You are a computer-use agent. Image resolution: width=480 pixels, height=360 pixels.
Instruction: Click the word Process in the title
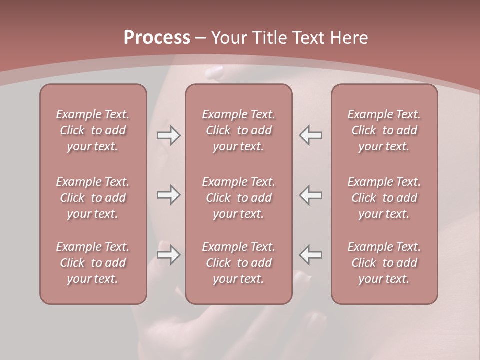point(157,38)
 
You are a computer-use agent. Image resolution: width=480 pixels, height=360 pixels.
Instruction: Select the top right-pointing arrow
point(168,135)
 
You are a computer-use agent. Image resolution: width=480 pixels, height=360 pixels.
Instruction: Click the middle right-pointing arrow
point(168,195)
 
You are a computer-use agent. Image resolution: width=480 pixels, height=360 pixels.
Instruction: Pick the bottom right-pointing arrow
point(168,255)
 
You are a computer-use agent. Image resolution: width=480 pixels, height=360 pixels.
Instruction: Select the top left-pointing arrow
point(310,135)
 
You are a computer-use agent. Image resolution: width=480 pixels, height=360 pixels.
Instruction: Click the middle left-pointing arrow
point(310,195)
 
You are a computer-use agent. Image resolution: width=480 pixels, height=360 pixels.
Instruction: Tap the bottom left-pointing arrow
point(310,255)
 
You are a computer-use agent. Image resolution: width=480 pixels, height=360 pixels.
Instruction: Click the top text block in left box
point(93,130)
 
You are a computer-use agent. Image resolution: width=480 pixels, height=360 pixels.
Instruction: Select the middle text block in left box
point(93,198)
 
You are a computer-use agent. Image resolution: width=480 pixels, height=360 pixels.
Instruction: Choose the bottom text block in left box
point(93,263)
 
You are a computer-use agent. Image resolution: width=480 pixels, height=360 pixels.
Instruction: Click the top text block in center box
point(238,130)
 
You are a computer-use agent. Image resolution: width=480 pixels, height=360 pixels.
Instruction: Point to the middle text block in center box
point(238,198)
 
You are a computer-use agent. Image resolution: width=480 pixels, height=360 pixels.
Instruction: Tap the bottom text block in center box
point(238,263)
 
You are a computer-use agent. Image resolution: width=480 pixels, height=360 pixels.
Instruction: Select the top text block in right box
point(384,130)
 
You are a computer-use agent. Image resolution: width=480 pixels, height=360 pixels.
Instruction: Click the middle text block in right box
point(384,198)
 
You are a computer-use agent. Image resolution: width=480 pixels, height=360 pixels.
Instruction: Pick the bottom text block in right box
point(384,263)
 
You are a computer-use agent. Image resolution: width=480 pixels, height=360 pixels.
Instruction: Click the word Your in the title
point(228,38)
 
